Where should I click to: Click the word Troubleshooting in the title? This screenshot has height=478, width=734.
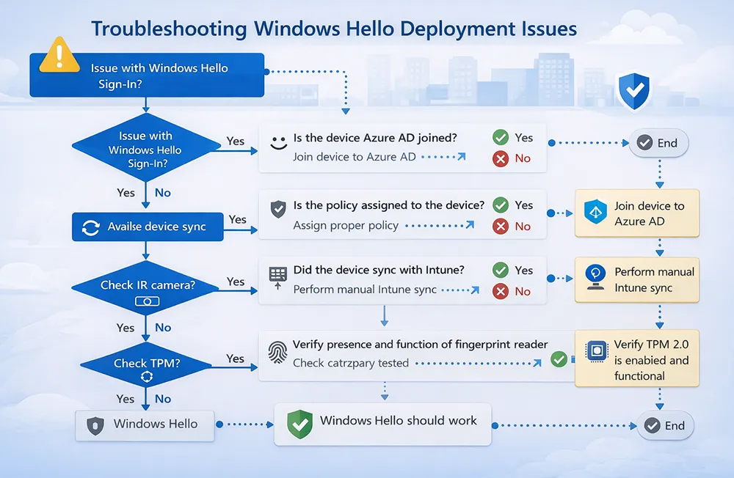[167, 29]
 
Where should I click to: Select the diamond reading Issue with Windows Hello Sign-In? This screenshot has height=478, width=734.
[145, 150]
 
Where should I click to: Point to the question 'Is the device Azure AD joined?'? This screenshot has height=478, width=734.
[376, 138]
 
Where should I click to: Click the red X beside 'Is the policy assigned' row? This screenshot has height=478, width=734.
[501, 227]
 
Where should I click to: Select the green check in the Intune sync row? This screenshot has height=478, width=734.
[501, 271]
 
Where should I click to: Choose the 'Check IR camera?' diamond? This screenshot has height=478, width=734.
[148, 290]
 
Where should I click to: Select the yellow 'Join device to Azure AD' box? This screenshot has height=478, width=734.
[636, 213]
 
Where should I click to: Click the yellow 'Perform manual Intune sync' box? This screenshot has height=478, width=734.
[636, 280]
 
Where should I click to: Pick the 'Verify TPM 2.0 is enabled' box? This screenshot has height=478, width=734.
[636, 360]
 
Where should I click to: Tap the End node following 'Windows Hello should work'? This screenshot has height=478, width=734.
[664, 425]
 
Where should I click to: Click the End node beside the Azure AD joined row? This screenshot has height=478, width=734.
[658, 143]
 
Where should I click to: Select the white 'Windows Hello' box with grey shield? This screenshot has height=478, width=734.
[145, 424]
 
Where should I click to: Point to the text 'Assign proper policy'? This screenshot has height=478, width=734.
[346, 226]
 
